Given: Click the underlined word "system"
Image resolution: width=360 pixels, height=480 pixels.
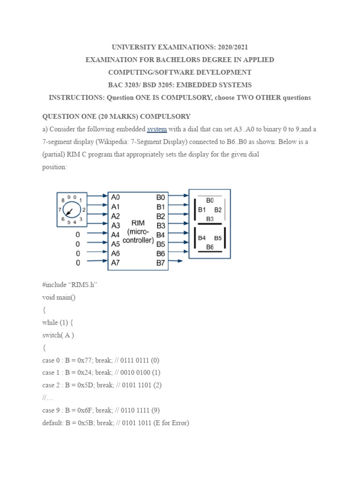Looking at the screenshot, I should tap(157, 129).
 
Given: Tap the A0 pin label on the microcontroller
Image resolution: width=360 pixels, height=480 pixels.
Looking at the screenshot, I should tap(115, 197).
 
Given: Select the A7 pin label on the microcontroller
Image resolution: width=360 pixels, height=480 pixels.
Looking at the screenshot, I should tap(115, 263).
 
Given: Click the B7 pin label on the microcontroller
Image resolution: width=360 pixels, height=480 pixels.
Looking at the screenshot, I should tap(161, 263).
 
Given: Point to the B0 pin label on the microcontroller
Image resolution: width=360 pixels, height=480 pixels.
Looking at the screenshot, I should tap(161, 197).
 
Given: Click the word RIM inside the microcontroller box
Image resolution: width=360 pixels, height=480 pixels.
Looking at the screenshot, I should tap(138, 223).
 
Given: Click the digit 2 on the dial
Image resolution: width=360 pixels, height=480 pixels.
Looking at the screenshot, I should tap(83, 210).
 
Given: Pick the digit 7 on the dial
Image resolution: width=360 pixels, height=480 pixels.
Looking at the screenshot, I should tap(60, 210).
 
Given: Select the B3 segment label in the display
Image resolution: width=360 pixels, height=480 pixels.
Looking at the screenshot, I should tap(210, 219).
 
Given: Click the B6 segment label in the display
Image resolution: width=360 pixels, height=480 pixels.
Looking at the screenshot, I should tap(210, 247).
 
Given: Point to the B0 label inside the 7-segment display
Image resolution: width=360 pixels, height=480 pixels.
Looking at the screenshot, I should tap(210, 200).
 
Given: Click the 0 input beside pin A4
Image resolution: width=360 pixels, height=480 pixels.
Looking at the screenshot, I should tap(78, 234).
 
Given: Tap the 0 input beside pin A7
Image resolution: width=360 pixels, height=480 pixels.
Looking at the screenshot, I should tap(78, 263).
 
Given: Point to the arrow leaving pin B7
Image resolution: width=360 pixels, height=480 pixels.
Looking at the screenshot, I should tap(177, 262).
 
